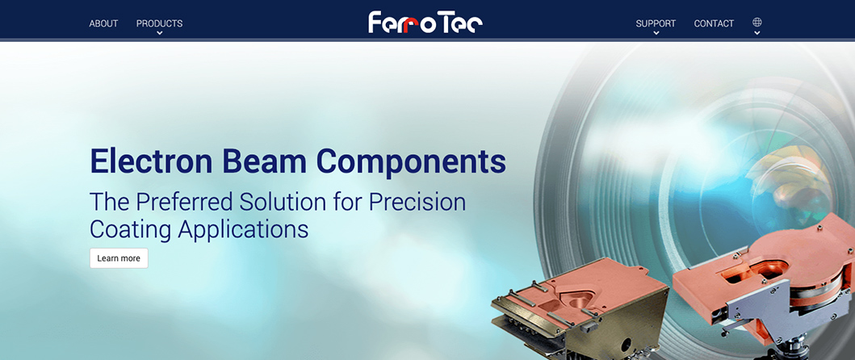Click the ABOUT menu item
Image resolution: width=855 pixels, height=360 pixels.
click(103, 23)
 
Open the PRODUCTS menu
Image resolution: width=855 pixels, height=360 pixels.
click(159, 23)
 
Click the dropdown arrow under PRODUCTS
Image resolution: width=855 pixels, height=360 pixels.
click(159, 33)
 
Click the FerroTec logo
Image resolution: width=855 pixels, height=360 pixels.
click(425, 23)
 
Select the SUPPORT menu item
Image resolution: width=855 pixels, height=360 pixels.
click(656, 23)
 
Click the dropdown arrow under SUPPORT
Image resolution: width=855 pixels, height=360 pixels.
click(656, 33)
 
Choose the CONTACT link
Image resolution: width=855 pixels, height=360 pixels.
click(714, 23)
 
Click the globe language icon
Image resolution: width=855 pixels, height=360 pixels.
click(757, 23)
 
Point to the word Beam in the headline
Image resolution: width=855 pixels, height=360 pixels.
click(266, 161)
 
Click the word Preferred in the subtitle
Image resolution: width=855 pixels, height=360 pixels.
click(183, 203)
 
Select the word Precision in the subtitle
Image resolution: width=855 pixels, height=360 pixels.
click(417, 203)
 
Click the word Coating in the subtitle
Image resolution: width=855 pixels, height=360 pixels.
click(130, 229)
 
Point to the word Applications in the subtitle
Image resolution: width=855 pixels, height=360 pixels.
click(243, 229)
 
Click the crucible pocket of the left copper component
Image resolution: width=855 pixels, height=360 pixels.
click(580, 300)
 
